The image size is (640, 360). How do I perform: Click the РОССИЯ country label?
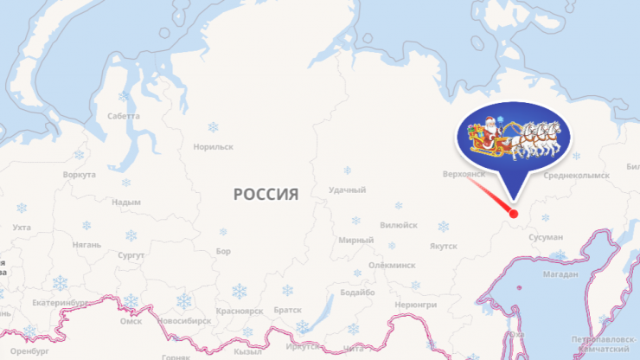point(266,194)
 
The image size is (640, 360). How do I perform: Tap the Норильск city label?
point(214,147)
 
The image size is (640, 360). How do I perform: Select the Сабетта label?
point(124,115)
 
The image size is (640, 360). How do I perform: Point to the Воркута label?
point(80,175)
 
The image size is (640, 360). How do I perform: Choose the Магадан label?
point(561,275)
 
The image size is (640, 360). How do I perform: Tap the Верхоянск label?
point(463,174)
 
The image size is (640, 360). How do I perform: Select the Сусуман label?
point(547,236)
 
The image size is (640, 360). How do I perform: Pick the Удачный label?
point(347,190)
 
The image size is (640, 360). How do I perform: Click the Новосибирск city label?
point(185,320)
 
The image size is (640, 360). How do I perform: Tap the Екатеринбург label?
point(59,304)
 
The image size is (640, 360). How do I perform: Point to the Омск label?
point(131,321)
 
